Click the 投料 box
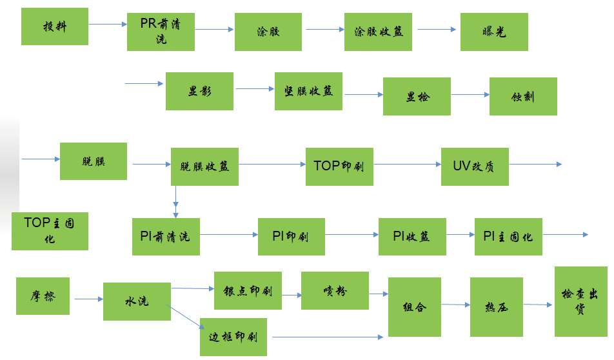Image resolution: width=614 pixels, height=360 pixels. [55, 26]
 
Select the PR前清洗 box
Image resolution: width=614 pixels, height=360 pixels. [161, 32]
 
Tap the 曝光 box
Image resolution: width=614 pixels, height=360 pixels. [494, 32]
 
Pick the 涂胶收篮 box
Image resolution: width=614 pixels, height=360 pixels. [378, 32]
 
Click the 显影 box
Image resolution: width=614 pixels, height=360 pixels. [199, 91]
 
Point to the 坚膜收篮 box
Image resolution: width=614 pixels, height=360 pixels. [308, 91]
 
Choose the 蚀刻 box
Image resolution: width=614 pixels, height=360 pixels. [523, 97]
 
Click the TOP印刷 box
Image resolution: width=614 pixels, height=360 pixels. [339, 166]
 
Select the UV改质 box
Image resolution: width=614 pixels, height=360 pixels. [475, 166]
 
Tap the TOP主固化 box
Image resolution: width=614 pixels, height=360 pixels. [50, 231]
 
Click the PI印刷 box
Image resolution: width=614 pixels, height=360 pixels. [291, 237]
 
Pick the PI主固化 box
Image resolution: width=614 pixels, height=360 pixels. [508, 237]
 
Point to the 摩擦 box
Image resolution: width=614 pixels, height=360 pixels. [43, 296]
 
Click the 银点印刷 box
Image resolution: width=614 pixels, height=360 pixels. [248, 291]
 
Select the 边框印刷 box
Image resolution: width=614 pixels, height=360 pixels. [233, 336]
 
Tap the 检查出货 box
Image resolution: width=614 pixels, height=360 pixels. [580, 302]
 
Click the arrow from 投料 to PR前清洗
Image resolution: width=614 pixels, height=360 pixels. [108, 25]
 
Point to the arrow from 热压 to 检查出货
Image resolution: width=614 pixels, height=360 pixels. [539, 305]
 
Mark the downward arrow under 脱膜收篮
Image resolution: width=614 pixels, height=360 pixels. [175, 201]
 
